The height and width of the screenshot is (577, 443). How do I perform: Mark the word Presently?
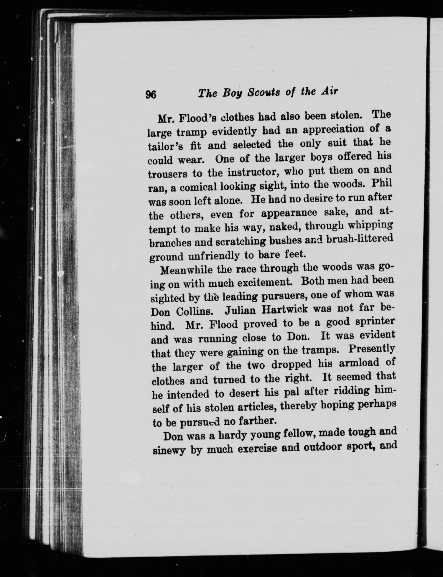(x=371, y=350)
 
